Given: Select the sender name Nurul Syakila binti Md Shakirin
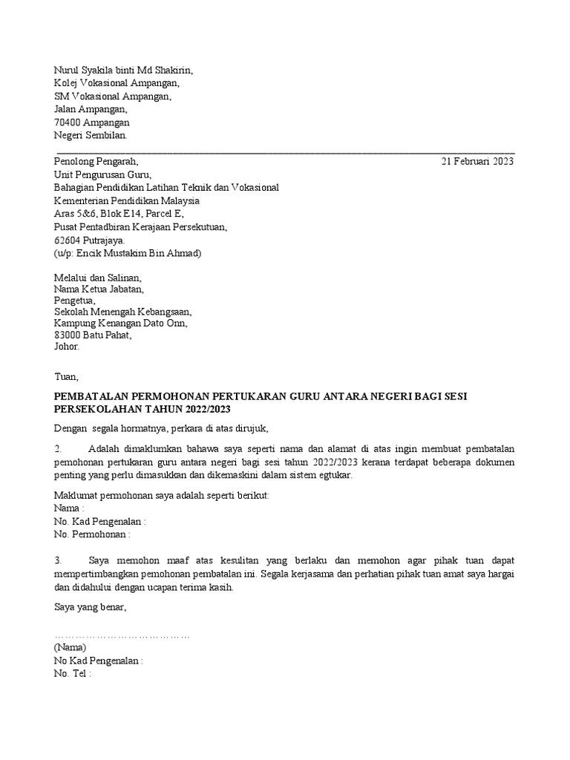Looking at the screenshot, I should tap(123, 71).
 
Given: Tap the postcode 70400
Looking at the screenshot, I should tap(68, 122).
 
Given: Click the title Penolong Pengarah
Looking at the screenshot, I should tap(96, 162).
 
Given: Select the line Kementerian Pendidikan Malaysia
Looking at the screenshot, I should tap(127, 201).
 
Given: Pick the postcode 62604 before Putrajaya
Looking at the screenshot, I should tap(68, 240).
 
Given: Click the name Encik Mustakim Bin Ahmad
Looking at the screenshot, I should tap(142, 253).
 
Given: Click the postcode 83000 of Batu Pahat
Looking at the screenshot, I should tap(68, 335).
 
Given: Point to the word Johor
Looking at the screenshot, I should tap(66, 347).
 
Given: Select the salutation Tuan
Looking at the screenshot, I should tap(65, 377).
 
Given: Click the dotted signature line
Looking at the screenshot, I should tap(122, 636).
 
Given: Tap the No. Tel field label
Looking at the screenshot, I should tap(71, 674).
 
